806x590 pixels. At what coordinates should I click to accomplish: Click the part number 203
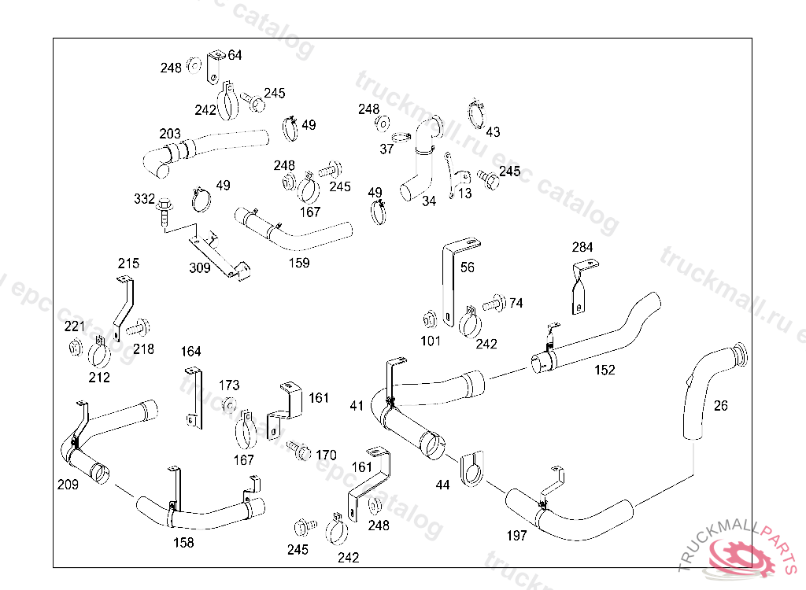pyautogui.click(x=170, y=135)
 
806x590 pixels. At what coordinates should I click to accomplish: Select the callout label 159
pyautogui.click(x=299, y=263)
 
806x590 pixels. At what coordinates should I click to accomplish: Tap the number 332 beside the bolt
pyautogui.click(x=144, y=199)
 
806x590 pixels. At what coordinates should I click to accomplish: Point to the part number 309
pyautogui.click(x=200, y=268)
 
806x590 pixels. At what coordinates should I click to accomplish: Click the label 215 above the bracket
pyautogui.click(x=128, y=264)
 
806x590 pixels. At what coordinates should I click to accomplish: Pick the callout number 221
pyautogui.click(x=75, y=326)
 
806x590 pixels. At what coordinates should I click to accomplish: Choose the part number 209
pyautogui.click(x=68, y=485)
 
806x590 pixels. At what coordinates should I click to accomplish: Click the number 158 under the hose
pyautogui.click(x=183, y=542)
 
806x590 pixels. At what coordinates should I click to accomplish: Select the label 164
pyautogui.click(x=191, y=351)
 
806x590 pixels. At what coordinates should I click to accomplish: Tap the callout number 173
pyautogui.click(x=229, y=385)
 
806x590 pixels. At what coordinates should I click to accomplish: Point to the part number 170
pyautogui.click(x=326, y=455)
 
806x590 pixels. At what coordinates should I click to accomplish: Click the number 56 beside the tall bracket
pyautogui.click(x=468, y=267)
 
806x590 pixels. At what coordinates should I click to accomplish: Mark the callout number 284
pyautogui.click(x=582, y=248)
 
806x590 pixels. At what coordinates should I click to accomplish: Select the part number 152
pyautogui.click(x=604, y=370)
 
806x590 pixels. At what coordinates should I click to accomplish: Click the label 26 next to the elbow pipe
pyautogui.click(x=721, y=406)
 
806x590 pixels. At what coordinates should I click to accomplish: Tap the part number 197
pyautogui.click(x=516, y=536)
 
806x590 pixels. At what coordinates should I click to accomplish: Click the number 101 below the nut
pyautogui.click(x=431, y=341)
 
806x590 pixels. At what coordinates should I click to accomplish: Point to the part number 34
pyautogui.click(x=429, y=201)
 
